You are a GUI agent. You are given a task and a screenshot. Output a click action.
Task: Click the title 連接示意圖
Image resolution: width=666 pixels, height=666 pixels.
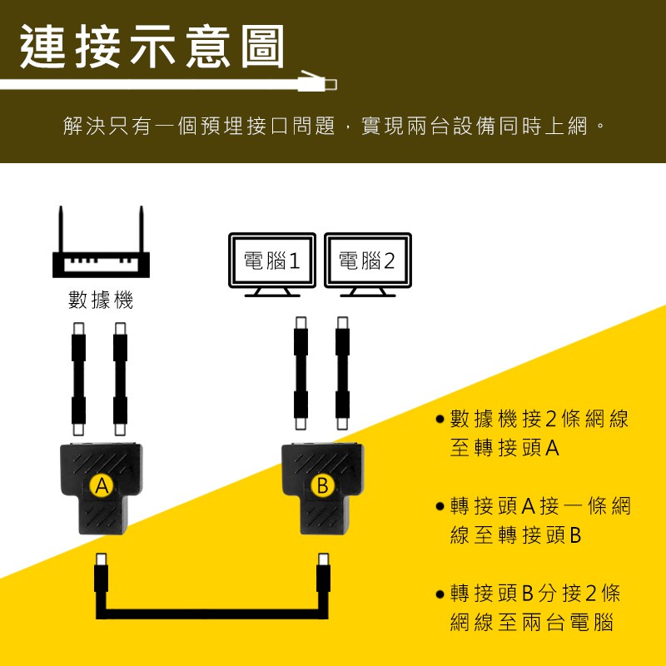[x=152, y=47]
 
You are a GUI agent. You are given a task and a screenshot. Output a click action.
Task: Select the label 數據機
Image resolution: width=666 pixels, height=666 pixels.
[x=101, y=300]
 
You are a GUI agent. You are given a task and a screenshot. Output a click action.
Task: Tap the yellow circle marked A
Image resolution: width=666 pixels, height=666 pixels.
[x=102, y=485]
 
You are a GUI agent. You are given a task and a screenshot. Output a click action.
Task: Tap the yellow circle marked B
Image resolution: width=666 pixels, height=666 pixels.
[x=323, y=485]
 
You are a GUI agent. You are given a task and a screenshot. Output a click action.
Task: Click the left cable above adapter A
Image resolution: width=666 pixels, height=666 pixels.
[x=78, y=379]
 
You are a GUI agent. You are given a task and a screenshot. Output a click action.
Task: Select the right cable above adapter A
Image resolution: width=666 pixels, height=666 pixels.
[x=120, y=379]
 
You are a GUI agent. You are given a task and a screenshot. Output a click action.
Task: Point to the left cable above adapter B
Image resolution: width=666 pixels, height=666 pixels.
[x=301, y=373]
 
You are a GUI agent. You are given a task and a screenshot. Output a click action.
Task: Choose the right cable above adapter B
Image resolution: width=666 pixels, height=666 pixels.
[x=342, y=373]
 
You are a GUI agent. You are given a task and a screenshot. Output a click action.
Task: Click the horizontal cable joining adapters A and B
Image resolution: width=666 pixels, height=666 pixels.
[x=212, y=614]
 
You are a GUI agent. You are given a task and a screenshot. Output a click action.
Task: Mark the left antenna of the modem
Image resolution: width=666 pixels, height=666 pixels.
[x=61, y=230]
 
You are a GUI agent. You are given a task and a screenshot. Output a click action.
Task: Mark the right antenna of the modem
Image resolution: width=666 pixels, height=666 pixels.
[x=142, y=230]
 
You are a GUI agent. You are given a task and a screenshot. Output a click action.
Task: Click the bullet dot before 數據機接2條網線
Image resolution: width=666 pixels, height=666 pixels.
[x=440, y=420]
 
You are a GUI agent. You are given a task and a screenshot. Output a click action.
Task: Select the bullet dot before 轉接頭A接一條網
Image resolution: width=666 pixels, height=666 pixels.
[x=440, y=506]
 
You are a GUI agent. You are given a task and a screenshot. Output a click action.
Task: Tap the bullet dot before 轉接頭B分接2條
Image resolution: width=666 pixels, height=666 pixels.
[x=440, y=594]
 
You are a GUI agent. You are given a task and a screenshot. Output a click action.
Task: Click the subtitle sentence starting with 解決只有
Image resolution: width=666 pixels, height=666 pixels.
[x=334, y=126]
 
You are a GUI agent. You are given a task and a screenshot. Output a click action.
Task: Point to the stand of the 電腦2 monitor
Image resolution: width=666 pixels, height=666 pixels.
[x=367, y=292]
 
